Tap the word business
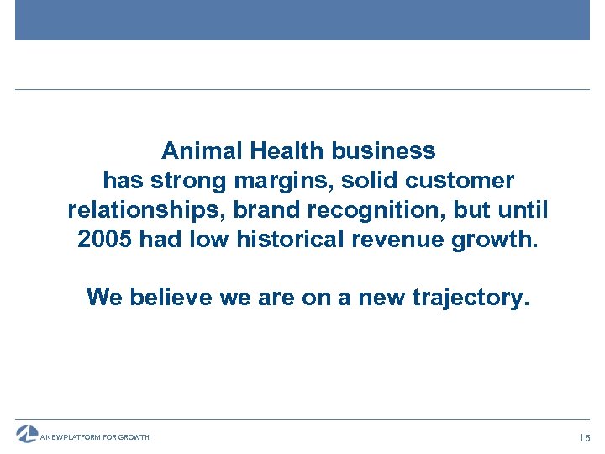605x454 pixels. (383, 151)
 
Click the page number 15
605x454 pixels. (584, 437)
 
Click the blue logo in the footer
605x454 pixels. (27, 433)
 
